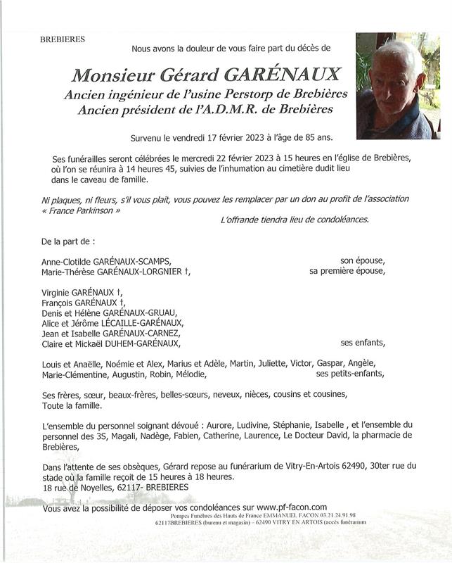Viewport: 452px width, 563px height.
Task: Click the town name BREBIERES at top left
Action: (63, 39)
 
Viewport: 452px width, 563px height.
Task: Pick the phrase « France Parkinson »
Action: (82, 211)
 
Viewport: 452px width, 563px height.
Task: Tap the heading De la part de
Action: (67, 241)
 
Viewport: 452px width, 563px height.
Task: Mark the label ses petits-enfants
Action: (350, 374)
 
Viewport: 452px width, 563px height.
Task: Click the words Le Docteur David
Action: (315, 436)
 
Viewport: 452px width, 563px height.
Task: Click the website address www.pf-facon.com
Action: (292, 507)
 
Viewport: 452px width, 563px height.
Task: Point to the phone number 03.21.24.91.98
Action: (329, 515)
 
